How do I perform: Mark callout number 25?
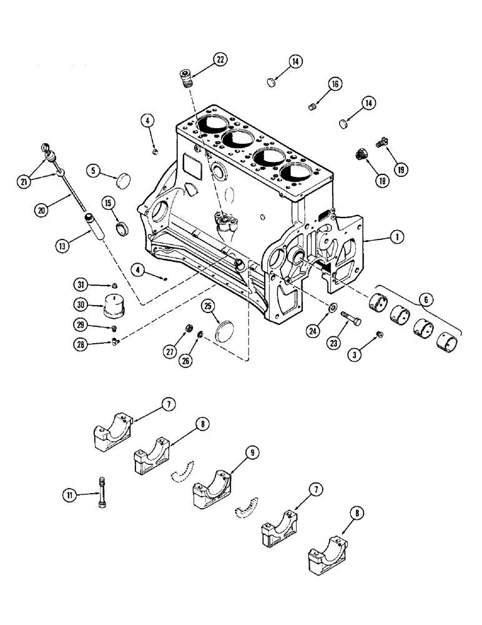tap(208, 306)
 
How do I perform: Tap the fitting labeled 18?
tap(361, 157)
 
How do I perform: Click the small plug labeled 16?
tap(314, 107)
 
